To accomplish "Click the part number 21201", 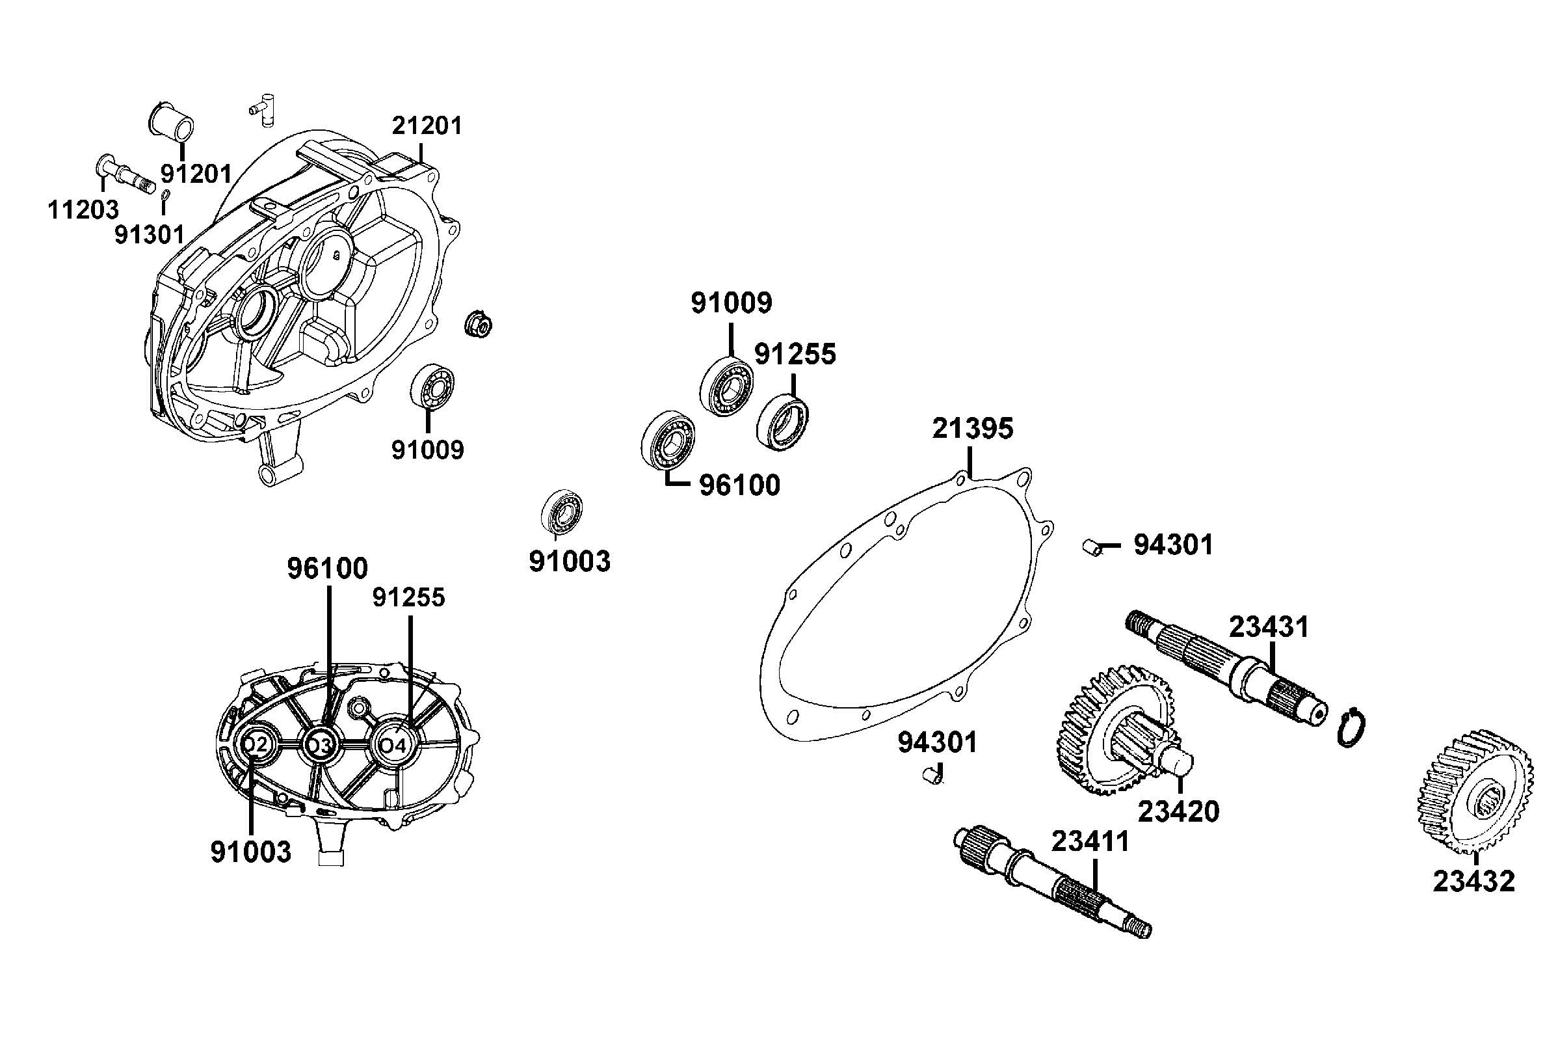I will pos(427,125).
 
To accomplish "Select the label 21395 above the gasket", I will pos(972,429).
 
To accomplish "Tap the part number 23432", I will pos(1473,882).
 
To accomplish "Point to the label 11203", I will pos(83,210).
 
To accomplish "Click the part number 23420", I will pos(1178,811).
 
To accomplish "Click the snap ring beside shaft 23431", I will pos(1348,727).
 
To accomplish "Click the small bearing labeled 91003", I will pos(561,511).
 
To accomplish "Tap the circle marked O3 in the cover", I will pos(321,745).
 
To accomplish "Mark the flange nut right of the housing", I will pos(478,323).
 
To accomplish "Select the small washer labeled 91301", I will pos(166,194).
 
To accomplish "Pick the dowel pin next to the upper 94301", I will pos(1091,547).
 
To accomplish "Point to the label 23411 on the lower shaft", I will pos(1089,841).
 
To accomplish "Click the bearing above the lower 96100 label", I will pos(668,440).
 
